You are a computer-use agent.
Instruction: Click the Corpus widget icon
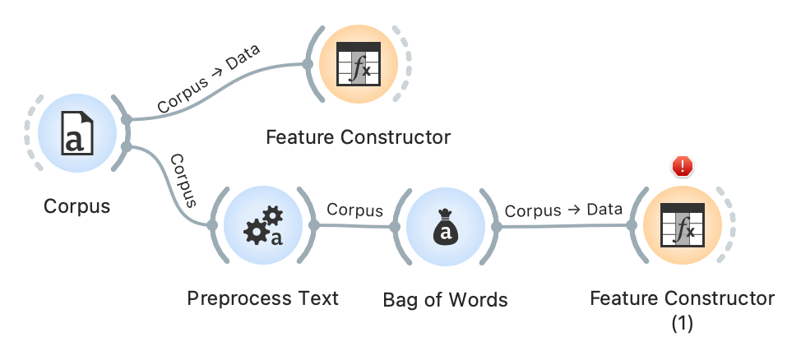point(76,134)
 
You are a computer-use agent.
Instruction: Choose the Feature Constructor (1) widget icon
point(682,224)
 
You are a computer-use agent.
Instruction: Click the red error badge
point(683,167)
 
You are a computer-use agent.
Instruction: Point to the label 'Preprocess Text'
point(262,298)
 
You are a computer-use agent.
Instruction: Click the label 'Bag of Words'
point(445,300)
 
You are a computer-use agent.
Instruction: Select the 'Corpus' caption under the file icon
point(76,205)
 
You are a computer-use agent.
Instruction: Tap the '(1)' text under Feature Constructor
point(683,323)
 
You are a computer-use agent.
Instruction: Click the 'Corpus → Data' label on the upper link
point(208,79)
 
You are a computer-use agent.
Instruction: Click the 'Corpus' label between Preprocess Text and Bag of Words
point(355,210)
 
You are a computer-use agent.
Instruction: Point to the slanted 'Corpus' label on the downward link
point(183,179)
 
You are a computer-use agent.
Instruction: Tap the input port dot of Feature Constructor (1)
point(631,225)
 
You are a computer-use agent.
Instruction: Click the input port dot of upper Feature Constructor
point(308,63)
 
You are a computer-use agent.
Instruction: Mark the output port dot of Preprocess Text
point(313,224)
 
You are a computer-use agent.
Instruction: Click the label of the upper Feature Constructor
point(358,136)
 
